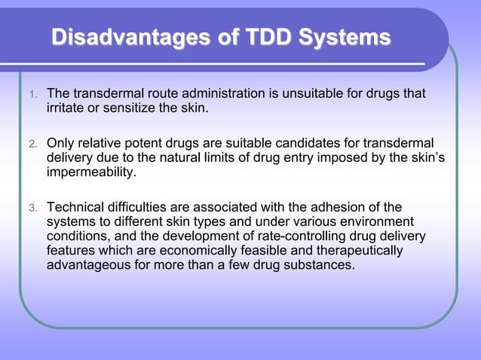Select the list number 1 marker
[32, 95]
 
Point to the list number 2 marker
[32, 143]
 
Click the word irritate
[68, 109]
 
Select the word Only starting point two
[62, 142]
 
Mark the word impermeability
[91, 172]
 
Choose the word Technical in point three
[75, 207]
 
